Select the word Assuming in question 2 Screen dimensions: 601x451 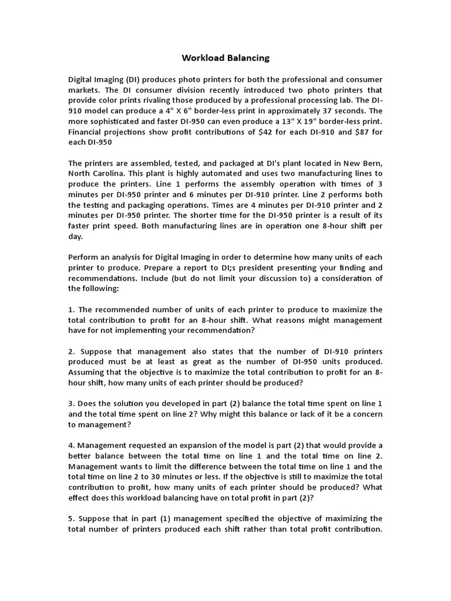[x=87, y=372]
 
